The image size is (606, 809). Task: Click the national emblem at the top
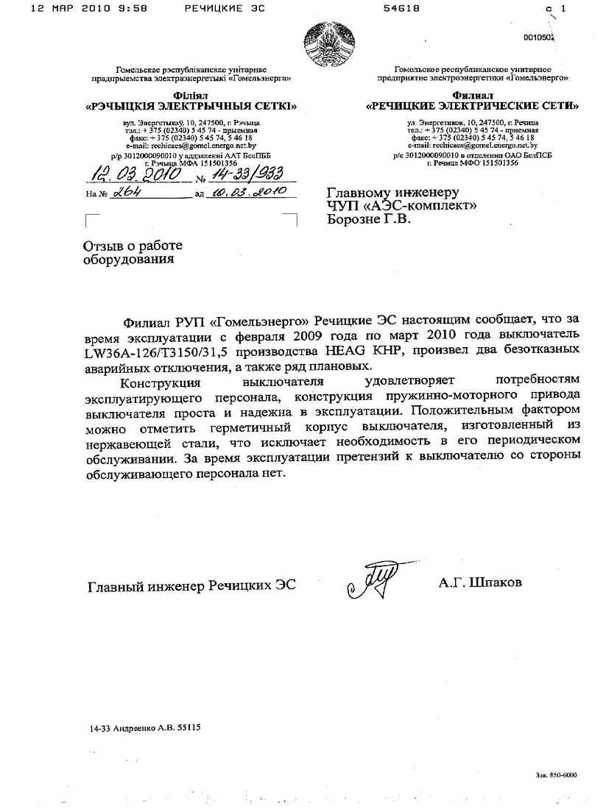click(329, 46)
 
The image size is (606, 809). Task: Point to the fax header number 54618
click(401, 9)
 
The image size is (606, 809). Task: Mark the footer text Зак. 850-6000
click(557, 774)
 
